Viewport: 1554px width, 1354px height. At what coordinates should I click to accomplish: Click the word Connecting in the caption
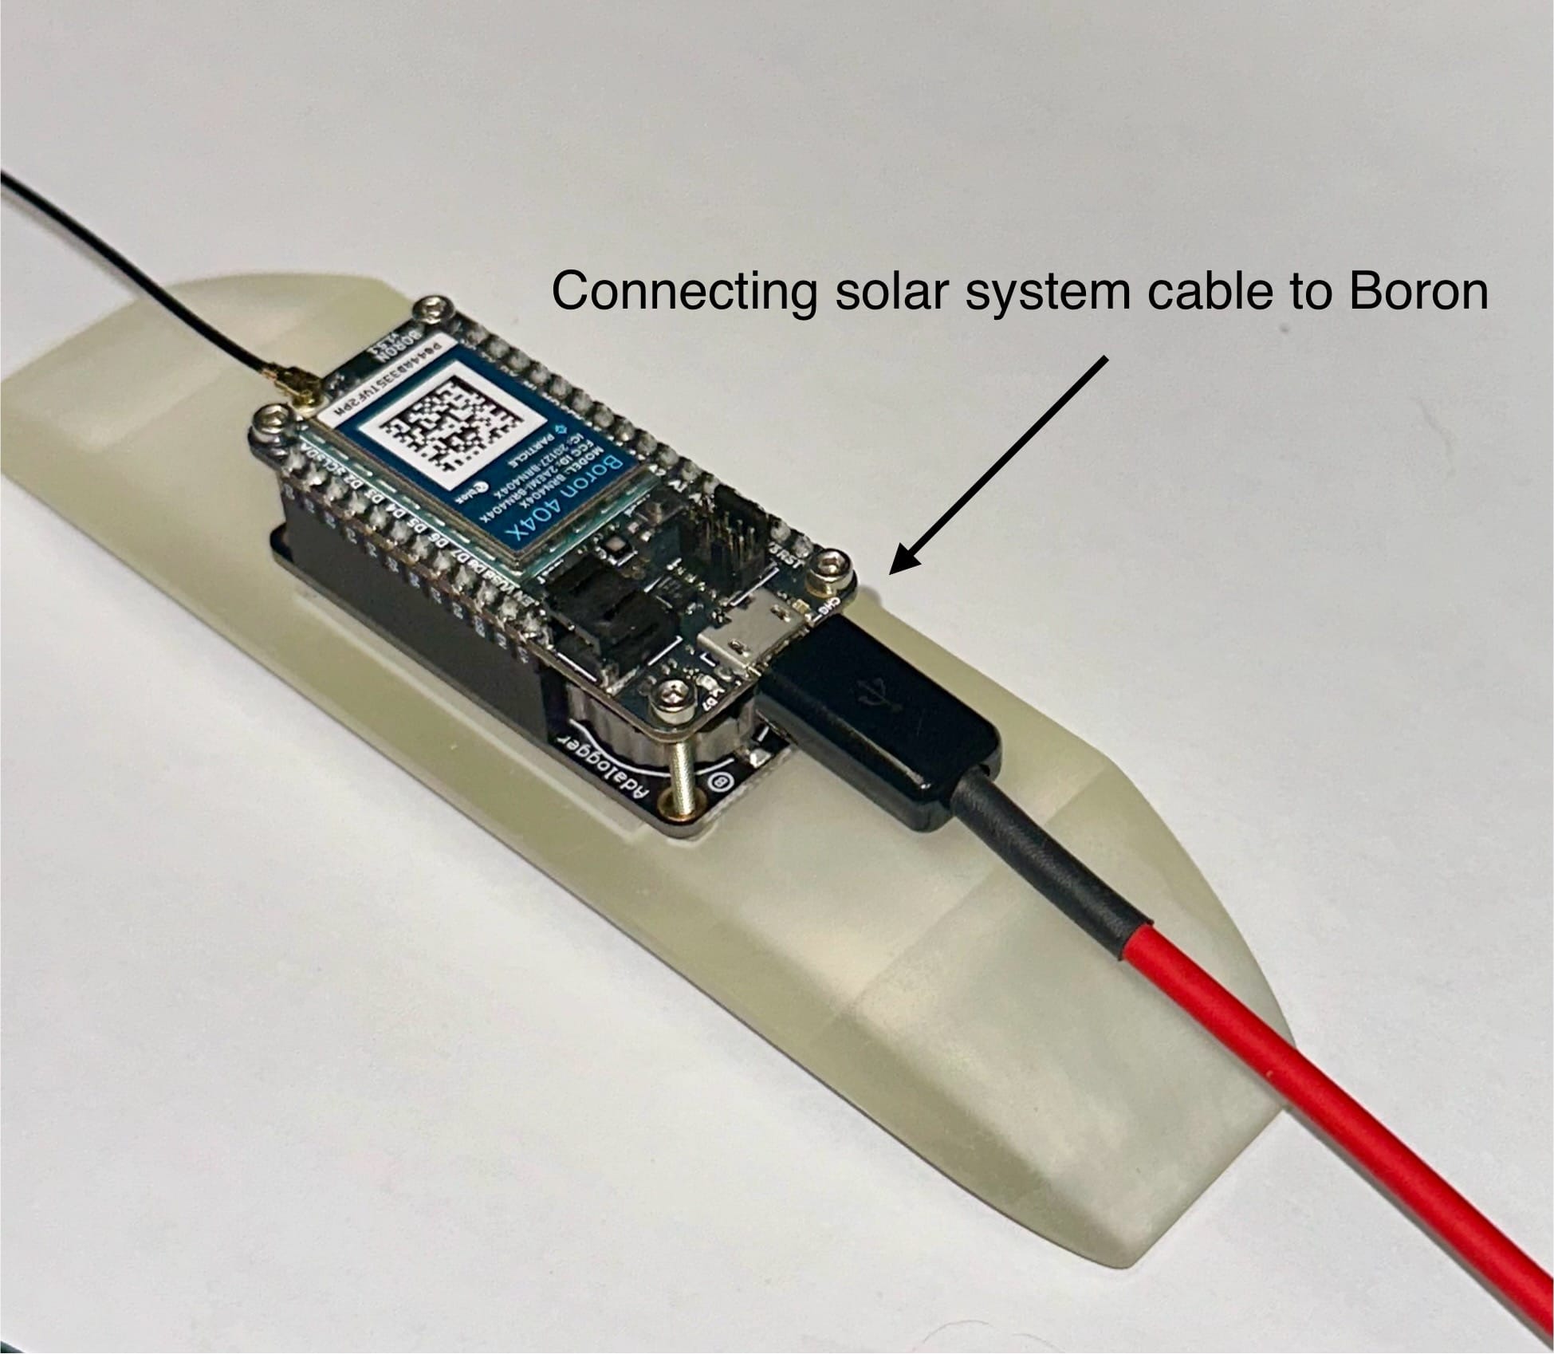coord(684,292)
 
